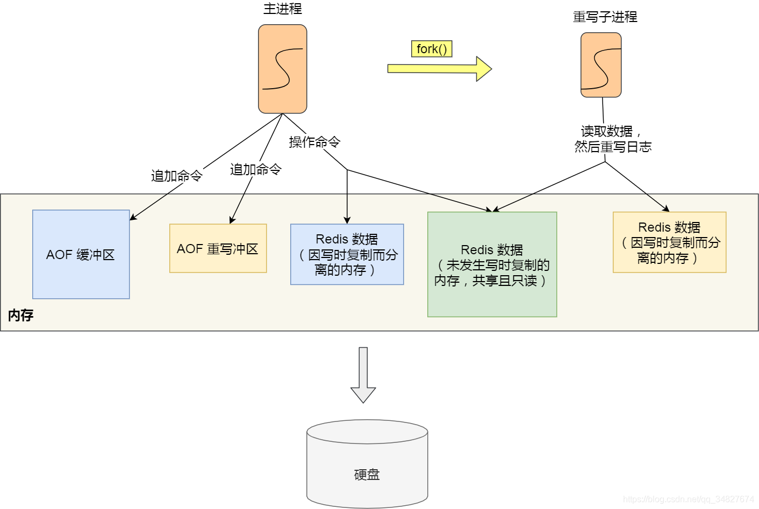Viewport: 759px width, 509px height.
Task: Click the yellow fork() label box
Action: [x=431, y=49]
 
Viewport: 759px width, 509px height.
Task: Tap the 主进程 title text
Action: [x=282, y=9]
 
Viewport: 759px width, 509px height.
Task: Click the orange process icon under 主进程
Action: [x=282, y=69]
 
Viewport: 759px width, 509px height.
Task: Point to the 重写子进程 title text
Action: [x=605, y=17]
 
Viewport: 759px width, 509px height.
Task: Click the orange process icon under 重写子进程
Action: [x=601, y=65]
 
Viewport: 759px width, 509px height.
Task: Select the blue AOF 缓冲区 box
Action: [x=81, y=254]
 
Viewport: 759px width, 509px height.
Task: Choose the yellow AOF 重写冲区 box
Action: [x=218, y=248]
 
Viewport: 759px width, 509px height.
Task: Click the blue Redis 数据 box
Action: [x=347, y=254]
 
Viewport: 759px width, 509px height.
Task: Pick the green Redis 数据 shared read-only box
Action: [x=492, y=264]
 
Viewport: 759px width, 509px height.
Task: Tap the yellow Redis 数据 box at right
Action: [x=669, y=242]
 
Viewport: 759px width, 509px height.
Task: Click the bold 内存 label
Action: [x=21, y=316]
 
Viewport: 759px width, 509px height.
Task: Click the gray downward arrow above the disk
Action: [x=363, y=375]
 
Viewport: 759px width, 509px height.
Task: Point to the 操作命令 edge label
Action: [x=314, y=142]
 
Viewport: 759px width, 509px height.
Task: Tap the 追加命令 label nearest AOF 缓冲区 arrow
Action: [x=176, y=176]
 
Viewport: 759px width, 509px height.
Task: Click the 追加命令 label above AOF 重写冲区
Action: [x=255, y=169]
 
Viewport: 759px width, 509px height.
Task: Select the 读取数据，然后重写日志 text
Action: [x=612, y=139]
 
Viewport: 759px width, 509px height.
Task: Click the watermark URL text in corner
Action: [x=688, y=499]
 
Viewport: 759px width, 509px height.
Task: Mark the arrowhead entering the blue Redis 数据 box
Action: [x=347, y=220]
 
